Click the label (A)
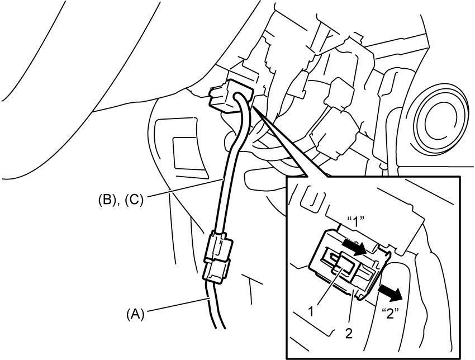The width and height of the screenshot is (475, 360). coord(135,314)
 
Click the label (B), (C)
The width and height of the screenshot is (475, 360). coord(120,200)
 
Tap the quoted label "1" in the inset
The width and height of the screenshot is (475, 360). coord(355,222)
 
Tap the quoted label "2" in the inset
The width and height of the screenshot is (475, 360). coord(391,314)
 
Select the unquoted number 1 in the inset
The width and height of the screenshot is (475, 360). coord(311,311)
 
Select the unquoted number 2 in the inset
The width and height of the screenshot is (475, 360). coord(349,334)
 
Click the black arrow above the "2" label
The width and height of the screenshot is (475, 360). coord(390,293)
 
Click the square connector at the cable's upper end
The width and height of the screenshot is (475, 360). coord(231,96)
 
